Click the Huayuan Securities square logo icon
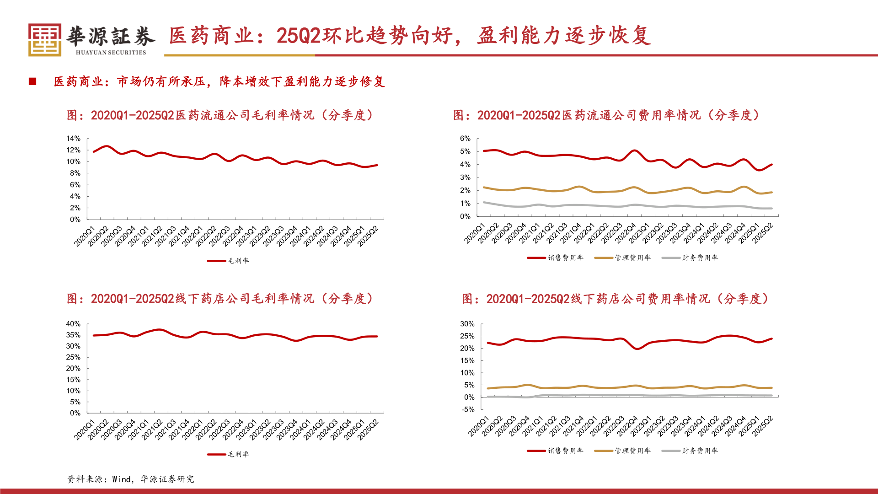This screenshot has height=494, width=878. click(44, 40)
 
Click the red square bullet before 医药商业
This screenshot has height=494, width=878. click(32, 81)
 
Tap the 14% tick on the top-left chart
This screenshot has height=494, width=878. click(73, 139)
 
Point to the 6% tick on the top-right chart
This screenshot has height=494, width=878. click(465, 139)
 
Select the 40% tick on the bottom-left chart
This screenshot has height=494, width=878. click(73, 324)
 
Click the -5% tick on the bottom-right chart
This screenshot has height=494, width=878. click(467, 410)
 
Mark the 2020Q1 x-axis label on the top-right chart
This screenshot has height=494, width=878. click(474, 234)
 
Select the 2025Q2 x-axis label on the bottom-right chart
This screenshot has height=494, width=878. click(763, 426)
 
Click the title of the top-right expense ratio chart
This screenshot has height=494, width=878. click(606, 115)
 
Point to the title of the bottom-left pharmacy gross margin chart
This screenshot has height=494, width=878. click(220, 299)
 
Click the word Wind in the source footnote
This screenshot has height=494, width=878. click(121, 479)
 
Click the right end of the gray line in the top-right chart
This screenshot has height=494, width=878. click(772, 209)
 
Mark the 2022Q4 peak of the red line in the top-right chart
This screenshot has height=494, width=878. click(634, 150)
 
